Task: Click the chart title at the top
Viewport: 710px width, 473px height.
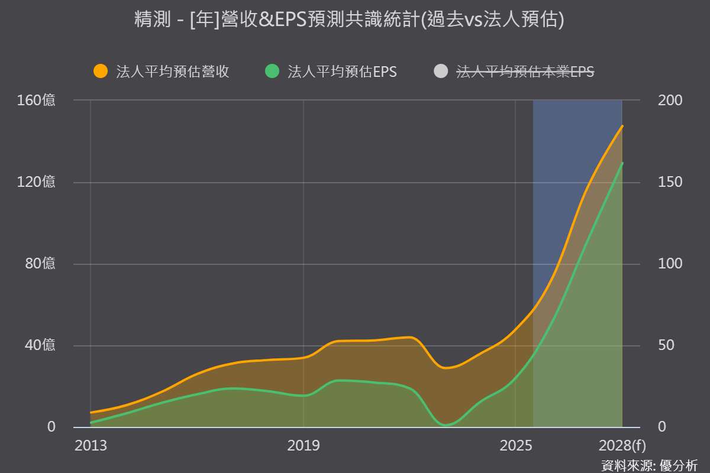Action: pos(349,19)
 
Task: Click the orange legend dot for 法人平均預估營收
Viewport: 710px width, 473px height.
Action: pos(101,71)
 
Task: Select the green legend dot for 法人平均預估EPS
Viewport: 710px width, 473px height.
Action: pos(272,71)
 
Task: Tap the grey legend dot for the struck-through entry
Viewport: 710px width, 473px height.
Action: pos(441,71)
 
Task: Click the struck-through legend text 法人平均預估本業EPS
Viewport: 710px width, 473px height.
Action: pos(525,72)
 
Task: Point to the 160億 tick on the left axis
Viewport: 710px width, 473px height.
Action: pos(36,100)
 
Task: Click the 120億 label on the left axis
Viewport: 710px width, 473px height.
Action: pos(36,182)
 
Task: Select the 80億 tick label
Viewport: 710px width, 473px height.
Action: pos(40,263)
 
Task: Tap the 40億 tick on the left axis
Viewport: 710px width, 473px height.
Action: pos(40,345)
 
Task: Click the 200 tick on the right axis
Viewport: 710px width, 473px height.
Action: pos(670,101)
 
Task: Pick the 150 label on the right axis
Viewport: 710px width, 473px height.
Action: pos(670,182)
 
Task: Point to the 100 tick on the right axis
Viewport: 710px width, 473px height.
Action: pos(670,263)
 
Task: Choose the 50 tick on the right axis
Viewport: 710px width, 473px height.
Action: pos(666,345)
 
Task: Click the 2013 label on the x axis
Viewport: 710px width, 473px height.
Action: pos(91,445)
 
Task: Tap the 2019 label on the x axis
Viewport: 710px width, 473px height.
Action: pos(304,445)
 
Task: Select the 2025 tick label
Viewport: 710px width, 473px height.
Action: pos(516,445)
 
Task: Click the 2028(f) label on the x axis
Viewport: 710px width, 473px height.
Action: pos(622,446)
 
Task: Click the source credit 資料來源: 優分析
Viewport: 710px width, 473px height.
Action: pos(650,465)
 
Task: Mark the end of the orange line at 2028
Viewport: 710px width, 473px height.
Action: pos(622,126)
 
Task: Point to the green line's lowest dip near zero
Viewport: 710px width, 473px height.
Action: pos(446,425)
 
